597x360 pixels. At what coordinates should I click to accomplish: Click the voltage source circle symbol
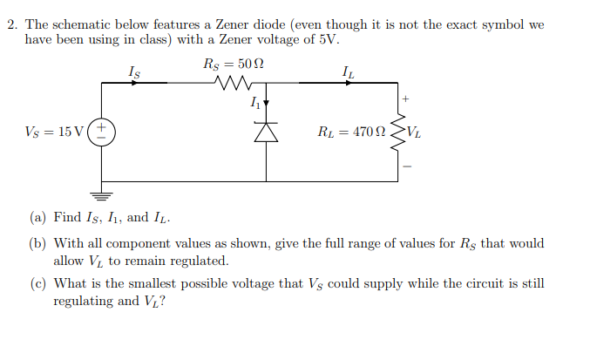point(101,132)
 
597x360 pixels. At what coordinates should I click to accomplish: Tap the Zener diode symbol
point(266,132)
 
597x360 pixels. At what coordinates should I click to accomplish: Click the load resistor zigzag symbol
point(401,132)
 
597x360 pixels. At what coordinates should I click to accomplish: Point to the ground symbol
point(101,198)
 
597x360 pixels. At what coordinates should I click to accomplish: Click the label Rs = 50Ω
point(233,65)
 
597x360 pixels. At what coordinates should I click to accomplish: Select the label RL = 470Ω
point(351,132)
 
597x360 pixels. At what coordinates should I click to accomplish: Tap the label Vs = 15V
point(55,132)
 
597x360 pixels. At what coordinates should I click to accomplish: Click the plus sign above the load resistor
point(405,98)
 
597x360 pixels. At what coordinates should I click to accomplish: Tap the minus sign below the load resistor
point(405,166)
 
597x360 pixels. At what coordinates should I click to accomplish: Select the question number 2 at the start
point(12,24)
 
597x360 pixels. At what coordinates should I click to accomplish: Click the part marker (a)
point(39,217)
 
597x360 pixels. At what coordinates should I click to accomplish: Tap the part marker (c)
point(39,284)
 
